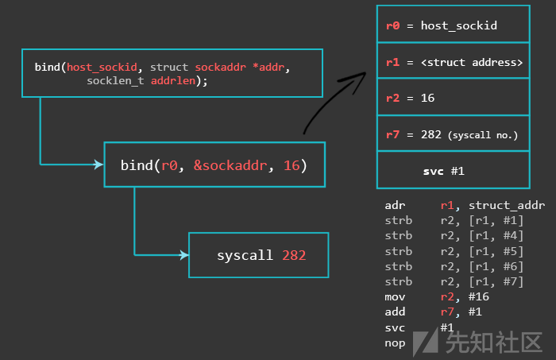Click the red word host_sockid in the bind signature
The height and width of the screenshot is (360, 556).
tap(102, 68)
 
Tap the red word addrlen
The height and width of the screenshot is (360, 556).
tap(173, 81)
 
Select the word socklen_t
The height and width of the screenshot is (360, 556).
tap(115, 81)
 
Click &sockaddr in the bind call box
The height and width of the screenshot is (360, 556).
tap(230, 165)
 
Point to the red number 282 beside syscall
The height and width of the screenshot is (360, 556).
tap(294, 255)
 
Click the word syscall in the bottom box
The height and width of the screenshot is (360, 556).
tap(245, 255)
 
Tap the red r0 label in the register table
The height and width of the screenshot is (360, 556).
tap(393, 25)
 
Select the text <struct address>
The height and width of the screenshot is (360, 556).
tap(472, 63)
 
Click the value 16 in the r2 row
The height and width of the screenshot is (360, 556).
tap(427, 98)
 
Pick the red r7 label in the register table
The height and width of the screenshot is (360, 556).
tap(393, 135)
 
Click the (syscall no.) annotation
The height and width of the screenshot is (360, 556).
tap(483, 135)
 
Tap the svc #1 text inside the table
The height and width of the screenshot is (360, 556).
tap(443, 172)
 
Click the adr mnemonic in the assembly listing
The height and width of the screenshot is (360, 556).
tap(395, 205)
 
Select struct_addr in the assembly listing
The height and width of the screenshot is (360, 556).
tap(507, 205)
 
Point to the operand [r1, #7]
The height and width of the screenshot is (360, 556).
tap(496, 281)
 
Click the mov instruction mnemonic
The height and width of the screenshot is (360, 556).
tap(395, 297)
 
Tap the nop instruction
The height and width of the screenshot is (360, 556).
tap(395, 343)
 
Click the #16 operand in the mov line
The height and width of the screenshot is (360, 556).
tap(479, 296)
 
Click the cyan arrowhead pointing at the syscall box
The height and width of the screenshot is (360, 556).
tap(184, 255)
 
